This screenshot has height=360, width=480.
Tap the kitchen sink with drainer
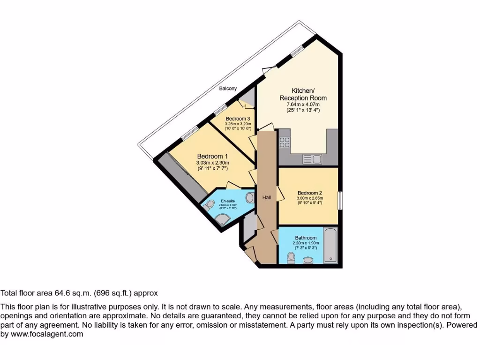(x=313, y=159)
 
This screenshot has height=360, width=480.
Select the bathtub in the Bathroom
(x=330, y=245)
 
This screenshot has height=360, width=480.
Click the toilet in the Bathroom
(x=291, y=257)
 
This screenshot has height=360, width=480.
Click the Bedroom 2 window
(x=340, y=197)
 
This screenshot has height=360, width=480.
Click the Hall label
(x=266, y=198)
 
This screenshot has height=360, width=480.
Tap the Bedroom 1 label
(x=212, y=156)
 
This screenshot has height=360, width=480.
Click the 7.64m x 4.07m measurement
(x=303, y=104)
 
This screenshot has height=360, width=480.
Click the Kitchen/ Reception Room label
(x=303, y=94)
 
